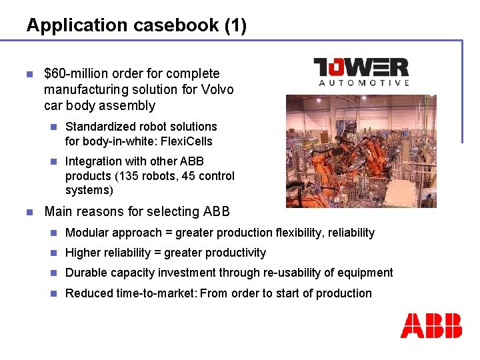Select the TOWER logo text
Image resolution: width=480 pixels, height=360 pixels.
pyautogui.click(x=361, y=67)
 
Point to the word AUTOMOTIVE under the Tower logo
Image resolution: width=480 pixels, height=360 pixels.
pyautogui.click(x=364, y=83)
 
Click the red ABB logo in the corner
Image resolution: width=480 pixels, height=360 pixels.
pyautogui.click(x=431, y=325)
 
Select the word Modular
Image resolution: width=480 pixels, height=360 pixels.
pyautogui.click(x=87, y=233)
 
